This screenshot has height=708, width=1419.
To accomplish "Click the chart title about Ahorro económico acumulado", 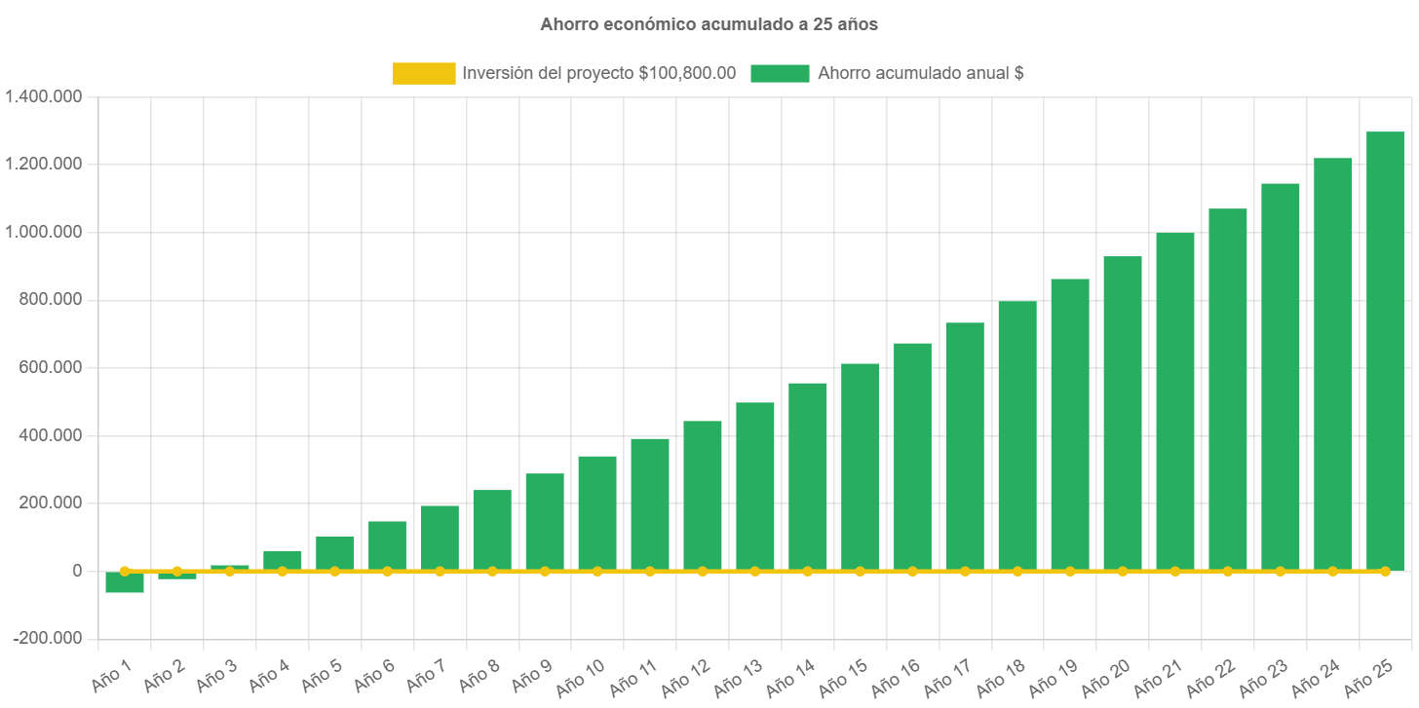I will coord(709,24).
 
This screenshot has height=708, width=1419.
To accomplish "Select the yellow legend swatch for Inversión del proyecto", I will coord(424,73).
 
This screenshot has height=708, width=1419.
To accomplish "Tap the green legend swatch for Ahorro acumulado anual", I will coord(780,73).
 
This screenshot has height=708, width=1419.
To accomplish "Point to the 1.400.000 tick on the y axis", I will coord(44,96).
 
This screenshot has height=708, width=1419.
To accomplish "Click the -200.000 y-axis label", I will coord(48,638).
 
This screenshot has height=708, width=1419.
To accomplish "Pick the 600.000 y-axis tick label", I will coord(50,367).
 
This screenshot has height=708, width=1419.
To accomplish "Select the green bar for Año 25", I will coord(1385,351).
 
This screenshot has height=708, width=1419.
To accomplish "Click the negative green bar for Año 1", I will coord(125,583).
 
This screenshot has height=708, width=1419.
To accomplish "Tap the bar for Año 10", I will coord(597,512).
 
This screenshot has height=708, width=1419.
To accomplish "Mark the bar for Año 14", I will coord(808,476).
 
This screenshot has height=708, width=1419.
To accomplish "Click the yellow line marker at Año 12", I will coord(703,571).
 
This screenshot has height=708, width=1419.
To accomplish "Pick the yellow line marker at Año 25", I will coord(1385,571).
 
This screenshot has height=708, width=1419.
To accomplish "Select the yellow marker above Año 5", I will coord(335,571).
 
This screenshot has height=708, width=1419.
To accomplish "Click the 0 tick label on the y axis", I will coord(76,571).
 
